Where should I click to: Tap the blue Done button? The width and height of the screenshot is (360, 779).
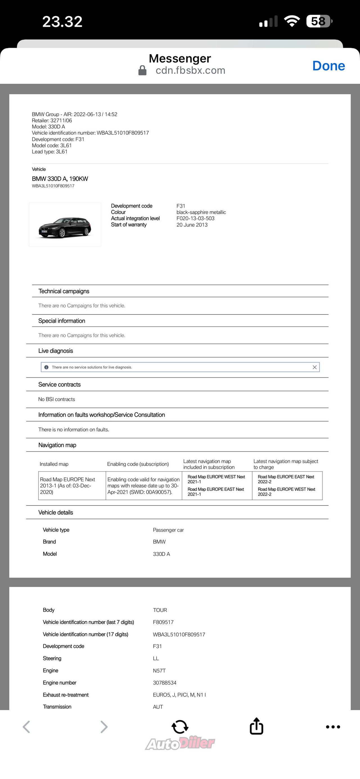point(328,66)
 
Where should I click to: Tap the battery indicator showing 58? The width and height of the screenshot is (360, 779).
point(319,21)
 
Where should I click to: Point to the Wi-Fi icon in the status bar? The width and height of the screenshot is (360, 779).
point(292,21)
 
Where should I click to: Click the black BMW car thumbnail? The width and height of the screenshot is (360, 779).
point(65,225)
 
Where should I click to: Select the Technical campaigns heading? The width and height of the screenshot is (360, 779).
point(64,291)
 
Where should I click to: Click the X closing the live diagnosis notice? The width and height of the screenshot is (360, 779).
point(314,367)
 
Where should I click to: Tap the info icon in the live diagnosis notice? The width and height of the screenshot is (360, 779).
point(46,367)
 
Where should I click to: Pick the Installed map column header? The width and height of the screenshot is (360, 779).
point(54,464)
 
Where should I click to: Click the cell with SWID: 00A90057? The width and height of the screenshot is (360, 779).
point(143,486)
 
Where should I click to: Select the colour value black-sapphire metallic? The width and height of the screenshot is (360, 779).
point(201,212)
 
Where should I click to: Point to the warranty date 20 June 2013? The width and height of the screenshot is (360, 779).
point(192,225)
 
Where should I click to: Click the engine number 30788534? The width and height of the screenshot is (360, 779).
point(165,683)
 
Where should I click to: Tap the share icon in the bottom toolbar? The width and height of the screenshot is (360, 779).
point(256,726)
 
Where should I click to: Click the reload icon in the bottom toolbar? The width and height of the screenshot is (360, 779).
point(180,726)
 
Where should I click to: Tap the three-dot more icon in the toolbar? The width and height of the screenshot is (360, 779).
point(333,727)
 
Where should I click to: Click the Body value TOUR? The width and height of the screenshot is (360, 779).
point(160,610)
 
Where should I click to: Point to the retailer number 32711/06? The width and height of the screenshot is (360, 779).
point(61,120)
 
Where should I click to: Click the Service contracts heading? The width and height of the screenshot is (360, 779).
point(60,385)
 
